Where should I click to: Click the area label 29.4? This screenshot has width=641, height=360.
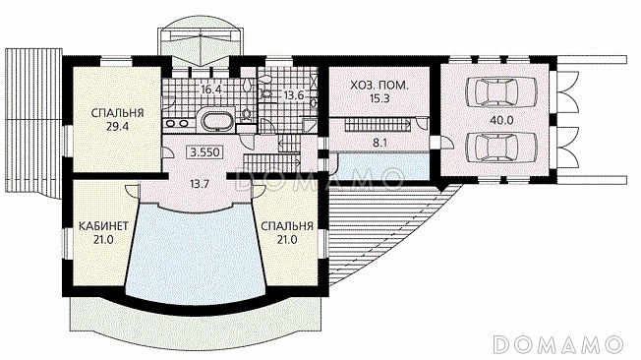(x=117, y=127)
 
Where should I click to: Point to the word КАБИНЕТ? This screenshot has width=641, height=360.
(x=103, y=226)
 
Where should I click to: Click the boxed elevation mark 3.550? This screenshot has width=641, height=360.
(x=205, y=152)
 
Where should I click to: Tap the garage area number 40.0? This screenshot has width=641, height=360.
(x=501, y=120)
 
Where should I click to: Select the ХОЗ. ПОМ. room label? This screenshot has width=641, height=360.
(x=379, y=86)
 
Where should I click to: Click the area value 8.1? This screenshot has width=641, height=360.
(x=379, y=143)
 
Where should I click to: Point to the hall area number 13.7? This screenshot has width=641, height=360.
(x=200, y=184)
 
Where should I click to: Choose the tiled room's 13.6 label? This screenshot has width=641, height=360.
(x=294, y=95)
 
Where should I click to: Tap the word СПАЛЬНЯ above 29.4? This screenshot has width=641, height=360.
(x=117, y=113)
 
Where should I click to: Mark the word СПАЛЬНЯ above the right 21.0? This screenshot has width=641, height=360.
(x=286, y=226)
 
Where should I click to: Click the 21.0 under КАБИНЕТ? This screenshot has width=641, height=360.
(x=103, y=240)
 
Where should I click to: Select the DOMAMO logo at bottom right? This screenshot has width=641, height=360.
(x=558, y=344)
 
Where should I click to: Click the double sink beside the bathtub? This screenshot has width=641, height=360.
(x=177, y=122)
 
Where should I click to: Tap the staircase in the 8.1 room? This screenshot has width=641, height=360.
(x=378, y=125)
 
